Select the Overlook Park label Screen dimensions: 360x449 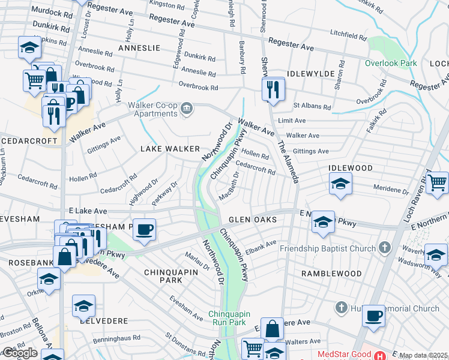pos(390,63)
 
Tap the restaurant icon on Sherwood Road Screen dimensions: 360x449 pos(273,90)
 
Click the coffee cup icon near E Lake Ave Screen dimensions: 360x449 pos(143,229)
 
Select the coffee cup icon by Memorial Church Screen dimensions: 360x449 pos(374,316)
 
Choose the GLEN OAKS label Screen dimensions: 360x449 pos(252,220)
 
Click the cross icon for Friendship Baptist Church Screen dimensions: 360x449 pos(385,248)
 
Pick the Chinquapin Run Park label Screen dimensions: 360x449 pos(231,318)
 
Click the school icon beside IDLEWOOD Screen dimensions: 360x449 pos(340,184)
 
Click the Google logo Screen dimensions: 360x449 pos(20,353)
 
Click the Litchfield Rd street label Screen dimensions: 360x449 pos(348,34)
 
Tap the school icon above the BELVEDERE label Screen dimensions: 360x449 pos(83,306)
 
